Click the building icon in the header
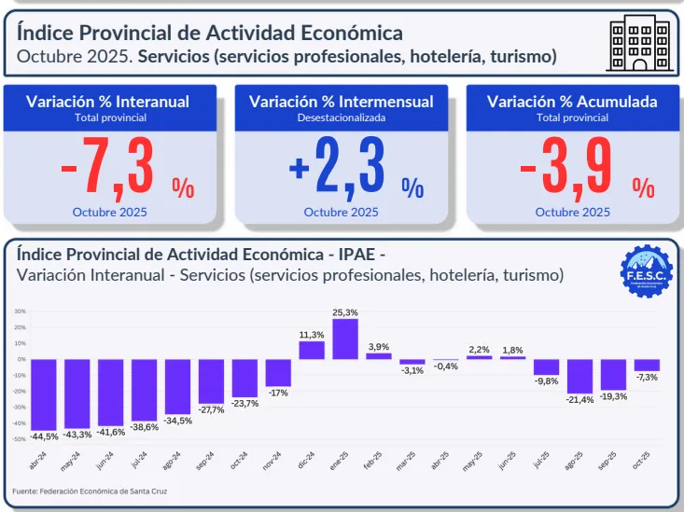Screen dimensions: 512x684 tap(639, 43)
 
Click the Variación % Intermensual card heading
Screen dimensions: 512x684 tap(342, 102)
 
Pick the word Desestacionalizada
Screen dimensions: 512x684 tap(342, 118)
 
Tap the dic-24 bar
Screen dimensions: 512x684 tap(312, 350)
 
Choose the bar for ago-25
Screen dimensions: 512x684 tap(579, 376)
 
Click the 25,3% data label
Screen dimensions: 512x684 tap(345, 311)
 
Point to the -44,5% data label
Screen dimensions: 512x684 tap(44, 436)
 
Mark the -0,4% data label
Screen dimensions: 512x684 tap(446, 367)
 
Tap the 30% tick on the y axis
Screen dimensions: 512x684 tap(20, 311)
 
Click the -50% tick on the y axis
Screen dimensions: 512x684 tap(19, 437)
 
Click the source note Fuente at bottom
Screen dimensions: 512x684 tap(91, 491)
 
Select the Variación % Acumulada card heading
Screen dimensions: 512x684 tap(571, 102)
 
